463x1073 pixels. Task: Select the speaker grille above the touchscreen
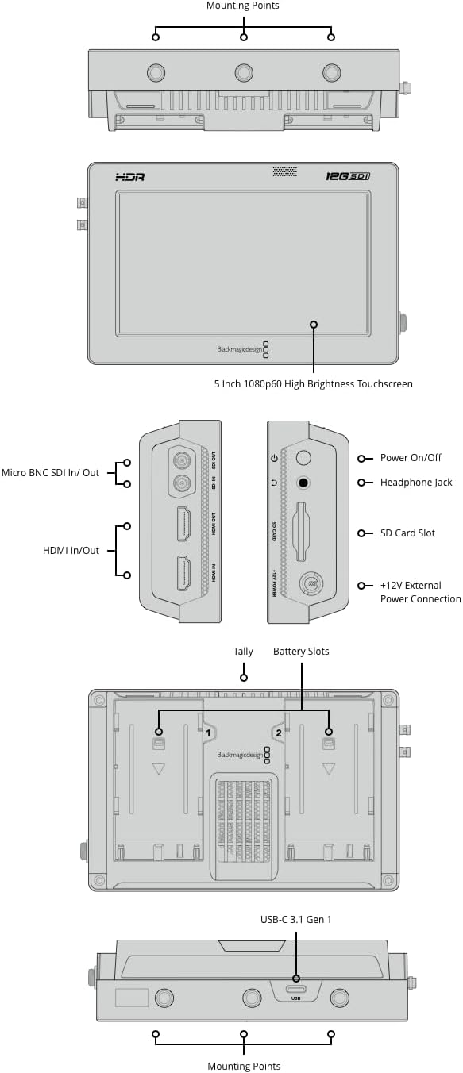point(284,171)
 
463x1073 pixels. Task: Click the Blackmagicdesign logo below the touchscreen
point(238,348)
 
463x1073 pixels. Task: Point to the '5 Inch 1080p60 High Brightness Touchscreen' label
point(313,383)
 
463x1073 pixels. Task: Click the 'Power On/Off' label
point(411,458)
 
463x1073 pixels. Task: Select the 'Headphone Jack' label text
point(416,483)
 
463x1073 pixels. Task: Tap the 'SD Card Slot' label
point(407,533)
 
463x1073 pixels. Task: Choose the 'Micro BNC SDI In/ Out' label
point(50,473)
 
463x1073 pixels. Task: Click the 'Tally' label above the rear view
point(243,652)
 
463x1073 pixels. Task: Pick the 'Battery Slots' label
point(301,652)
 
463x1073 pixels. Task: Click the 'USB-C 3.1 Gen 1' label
point(295,920)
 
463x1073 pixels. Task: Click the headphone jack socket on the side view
point(303,482)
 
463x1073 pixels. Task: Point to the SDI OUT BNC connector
point(182,460)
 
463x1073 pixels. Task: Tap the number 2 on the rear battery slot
point(279,733)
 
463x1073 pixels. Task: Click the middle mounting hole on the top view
point(244,74)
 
